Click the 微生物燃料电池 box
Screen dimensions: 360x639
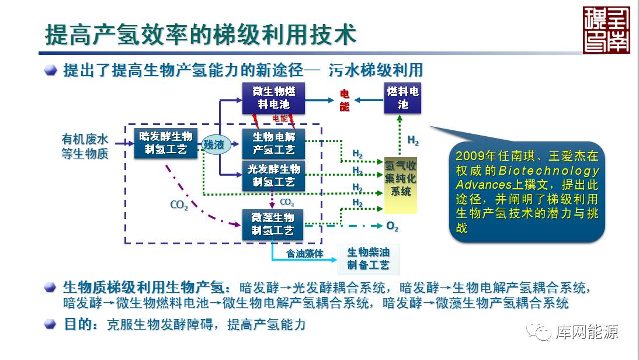click(x=273, y=98)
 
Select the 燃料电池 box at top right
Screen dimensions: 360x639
click(x=402, y=98)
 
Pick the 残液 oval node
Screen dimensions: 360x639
click(x=214, y=145)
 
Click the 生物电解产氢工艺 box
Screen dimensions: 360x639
click(x=273, y=144)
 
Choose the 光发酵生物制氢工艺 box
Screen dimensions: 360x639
click(x=273, y=176)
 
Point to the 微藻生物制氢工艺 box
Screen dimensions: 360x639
click(x=273, y=224)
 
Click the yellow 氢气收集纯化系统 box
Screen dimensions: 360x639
click(x=400, y=179)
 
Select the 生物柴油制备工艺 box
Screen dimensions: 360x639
click(x=368, y=259)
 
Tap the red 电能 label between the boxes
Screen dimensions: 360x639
click(x=345, y=101)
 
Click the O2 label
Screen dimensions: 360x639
click(x=392, y=226)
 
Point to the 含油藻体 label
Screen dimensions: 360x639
click(x=304, y=254)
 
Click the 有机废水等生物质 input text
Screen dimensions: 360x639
click(x=85, y=147)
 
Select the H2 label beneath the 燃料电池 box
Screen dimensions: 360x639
click(x=412, y=141)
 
